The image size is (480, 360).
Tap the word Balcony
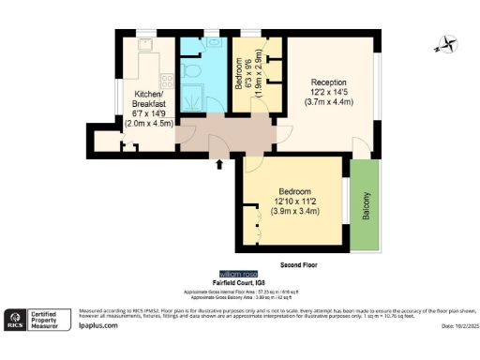click(x=367, y=206)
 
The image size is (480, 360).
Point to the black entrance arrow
click(x=220, y=165)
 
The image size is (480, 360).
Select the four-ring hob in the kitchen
click(x=163, y=79)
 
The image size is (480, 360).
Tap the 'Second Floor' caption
click(x=299, y=265)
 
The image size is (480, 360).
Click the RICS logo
click(x=17, y=321)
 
